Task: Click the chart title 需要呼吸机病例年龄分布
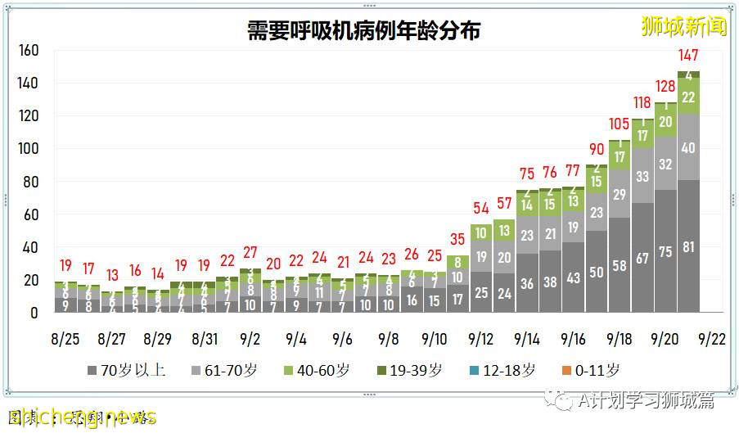363,30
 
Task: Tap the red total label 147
688,56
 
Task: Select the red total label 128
665,87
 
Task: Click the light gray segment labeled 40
688,148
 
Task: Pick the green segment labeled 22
688,97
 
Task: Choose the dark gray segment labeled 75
665,253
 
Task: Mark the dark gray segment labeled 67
642,259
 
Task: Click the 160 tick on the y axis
29,51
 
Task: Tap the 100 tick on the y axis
29,149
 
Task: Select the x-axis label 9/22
710,338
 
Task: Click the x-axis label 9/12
480,338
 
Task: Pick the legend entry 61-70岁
224,371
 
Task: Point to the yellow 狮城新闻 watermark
684,26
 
